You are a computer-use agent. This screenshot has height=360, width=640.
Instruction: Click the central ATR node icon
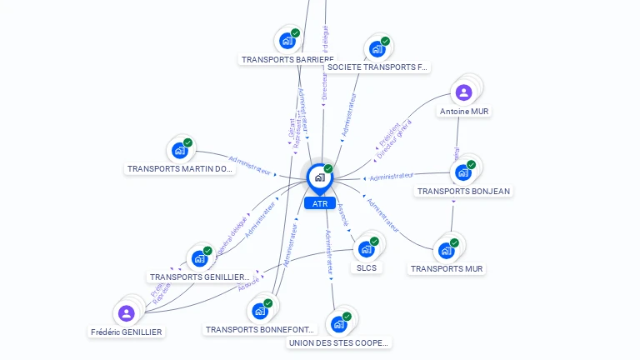pyautogui.click(x=319, y=177)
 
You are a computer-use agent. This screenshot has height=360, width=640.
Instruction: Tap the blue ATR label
pyautogui.click(x=320, y=203)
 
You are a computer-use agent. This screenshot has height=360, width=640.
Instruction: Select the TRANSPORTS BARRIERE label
pyautogui.click(x=281, y=60)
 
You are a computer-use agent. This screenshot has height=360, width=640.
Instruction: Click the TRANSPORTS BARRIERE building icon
pyautogui.click(x=287, y=40)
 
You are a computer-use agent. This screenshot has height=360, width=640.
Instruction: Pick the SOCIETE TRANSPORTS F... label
pyautogui.click(x=377, y=67)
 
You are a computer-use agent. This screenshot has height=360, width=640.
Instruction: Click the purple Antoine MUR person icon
pyautogui.click(x=464, y=92)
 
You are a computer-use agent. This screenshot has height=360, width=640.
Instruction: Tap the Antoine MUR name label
pyautogui.click(x=464, y=111)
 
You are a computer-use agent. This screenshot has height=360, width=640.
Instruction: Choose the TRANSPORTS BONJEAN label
pyautogui.click(x=463, y=191)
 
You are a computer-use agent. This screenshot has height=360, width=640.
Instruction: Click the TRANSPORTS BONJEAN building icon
pyautogui.click(x=463, y=172)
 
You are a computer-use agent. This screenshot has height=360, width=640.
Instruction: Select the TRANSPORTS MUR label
pyautogui.click(x=447, y=269)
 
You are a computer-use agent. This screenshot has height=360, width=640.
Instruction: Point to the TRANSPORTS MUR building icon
pyautogui.click(x=447, y=249)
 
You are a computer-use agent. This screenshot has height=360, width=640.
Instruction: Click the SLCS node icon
pyautogui.click(x=367, y=248)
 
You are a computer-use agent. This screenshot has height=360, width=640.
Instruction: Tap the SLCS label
pyautogui.click(x=367, y=268)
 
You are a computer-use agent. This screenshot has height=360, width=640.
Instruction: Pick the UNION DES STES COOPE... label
pyautogui.click(x=338, y=342)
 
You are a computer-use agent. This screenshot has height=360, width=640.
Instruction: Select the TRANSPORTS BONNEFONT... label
pyautogui.click(x=260, y=330)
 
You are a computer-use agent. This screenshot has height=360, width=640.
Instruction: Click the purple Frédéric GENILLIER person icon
pyautogui.click(x=126, y=312)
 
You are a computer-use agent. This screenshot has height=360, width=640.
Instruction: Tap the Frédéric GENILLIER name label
pyautogui.click(x=127, y=332)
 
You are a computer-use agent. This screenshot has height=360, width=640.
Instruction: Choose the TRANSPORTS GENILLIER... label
pyautogui.click(x=199, y=277)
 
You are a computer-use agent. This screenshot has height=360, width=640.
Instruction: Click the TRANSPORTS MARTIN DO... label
pyautogui.click(x=180, y=169)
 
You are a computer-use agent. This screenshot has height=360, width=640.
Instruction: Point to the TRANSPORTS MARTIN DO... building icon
pyautogui.click(x=180, y=150)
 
